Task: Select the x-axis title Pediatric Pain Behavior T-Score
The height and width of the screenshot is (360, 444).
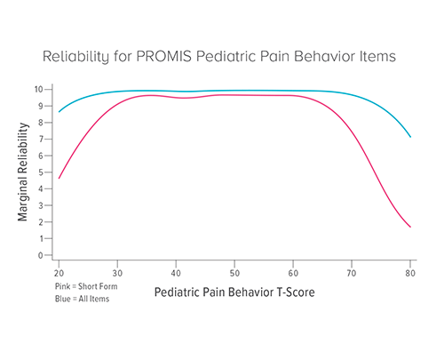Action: (234, 292)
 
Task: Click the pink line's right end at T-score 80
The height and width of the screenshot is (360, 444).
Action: (410, 227)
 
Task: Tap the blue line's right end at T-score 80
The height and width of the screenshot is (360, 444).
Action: (410, 137)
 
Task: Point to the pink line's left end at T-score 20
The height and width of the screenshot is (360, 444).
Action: (59, 178)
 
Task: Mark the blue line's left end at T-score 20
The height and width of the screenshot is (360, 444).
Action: (59, 111)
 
